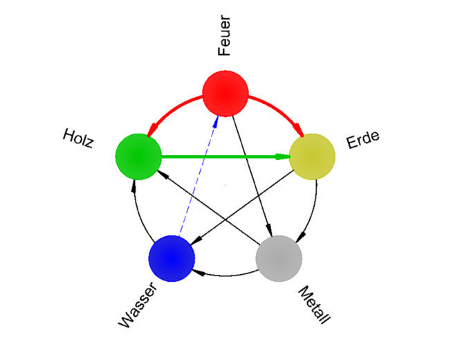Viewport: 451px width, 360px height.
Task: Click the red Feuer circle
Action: click(225, 93)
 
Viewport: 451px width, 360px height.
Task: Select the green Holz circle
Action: click(138, 157)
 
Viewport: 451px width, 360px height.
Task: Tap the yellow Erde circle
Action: click(312, 157)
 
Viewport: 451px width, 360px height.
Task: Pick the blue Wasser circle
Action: click(172, 258)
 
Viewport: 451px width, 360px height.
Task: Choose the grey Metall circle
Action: click(279, 258)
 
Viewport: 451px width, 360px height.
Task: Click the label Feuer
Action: click(224, 36)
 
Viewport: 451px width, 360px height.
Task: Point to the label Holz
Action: click(78, 138)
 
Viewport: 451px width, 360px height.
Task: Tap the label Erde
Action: click(363, 140)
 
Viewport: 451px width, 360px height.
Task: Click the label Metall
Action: click(314, 305)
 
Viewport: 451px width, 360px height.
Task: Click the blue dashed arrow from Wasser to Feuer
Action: click(199, 176)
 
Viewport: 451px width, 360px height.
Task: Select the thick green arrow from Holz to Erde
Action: click(225, 157)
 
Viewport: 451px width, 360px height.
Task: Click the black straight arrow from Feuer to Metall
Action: click(252, 176)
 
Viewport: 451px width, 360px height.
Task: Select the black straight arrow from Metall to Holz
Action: click(208, 208)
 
